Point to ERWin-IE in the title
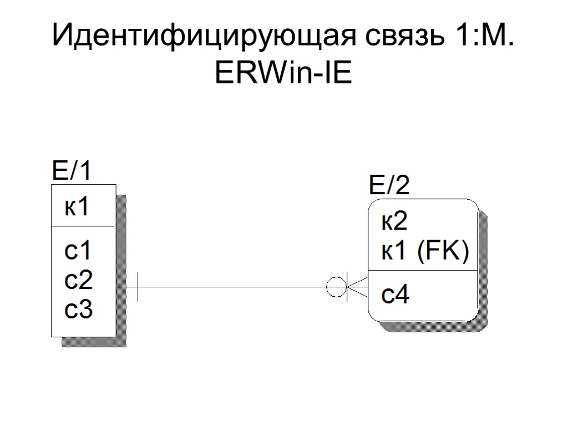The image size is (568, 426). point(283,73)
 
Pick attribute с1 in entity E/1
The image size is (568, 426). point(78,252)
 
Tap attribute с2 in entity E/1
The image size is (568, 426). point(78,281)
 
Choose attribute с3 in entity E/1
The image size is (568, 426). point(78,310)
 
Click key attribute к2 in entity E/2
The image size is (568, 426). point(394,222)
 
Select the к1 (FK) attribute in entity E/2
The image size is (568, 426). point(425,253)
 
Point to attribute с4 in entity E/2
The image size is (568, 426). point(395,296)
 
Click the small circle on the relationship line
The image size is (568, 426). point(336,287)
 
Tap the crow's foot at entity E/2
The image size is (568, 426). point(358,287)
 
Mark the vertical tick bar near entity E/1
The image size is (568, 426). point(138,287)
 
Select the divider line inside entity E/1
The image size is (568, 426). point(83,226)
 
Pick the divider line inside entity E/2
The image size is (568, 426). point(423,271)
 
